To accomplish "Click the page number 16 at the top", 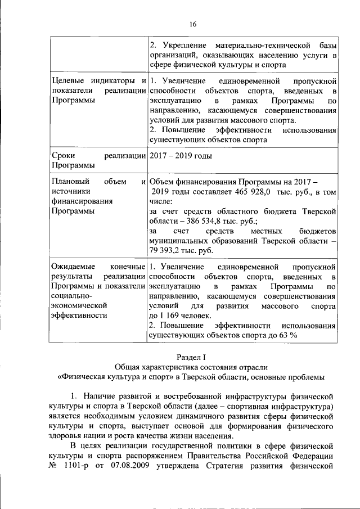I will [x=192, y=24].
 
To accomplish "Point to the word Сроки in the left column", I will [x=63, y=156].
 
